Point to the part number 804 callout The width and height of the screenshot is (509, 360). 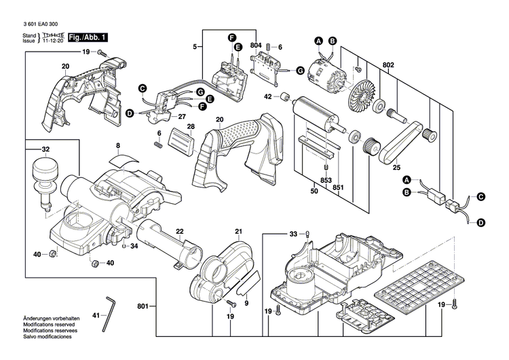tap(255, 46)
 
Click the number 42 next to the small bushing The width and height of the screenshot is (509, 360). tap(267, 97)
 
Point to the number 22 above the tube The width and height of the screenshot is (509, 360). tap(180, 232)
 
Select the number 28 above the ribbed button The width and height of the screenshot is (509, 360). tap(191, 126)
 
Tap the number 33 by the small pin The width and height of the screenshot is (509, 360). tap(293, 234)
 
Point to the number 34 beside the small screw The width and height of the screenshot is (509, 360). tap(134, 246)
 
